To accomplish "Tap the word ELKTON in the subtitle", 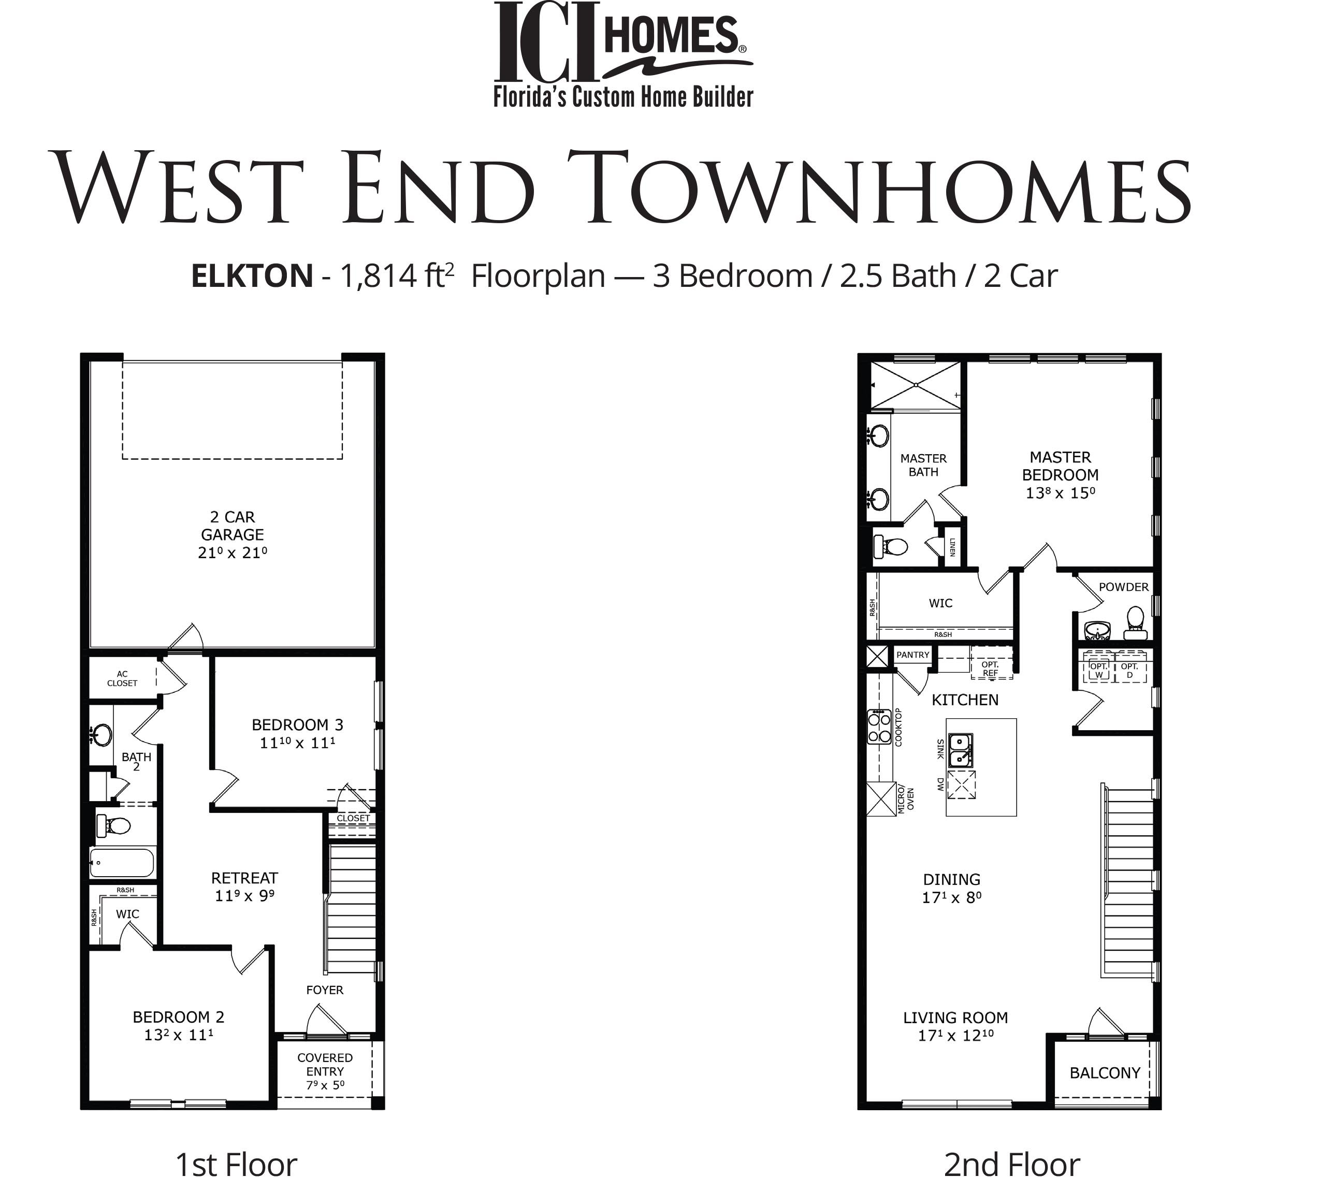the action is (252, 276).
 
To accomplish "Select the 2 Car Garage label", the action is (233, 526).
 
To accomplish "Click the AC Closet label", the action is (122, 678).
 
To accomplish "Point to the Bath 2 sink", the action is (101, 735).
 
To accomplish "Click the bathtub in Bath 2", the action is (122, 863).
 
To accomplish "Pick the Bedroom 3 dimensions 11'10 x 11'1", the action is (298, 743).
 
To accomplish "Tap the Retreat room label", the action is (245, 878).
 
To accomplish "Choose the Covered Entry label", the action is (325, 1071).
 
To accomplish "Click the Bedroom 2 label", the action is (179, 1017).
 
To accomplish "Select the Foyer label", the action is (325, 990).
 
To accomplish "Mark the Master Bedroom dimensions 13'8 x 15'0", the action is (1061, 493).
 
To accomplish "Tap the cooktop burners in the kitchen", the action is (879, 727).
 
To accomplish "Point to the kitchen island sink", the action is (961, 750).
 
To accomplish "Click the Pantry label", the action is (912, 655).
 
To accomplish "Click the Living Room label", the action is (955, 1018).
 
